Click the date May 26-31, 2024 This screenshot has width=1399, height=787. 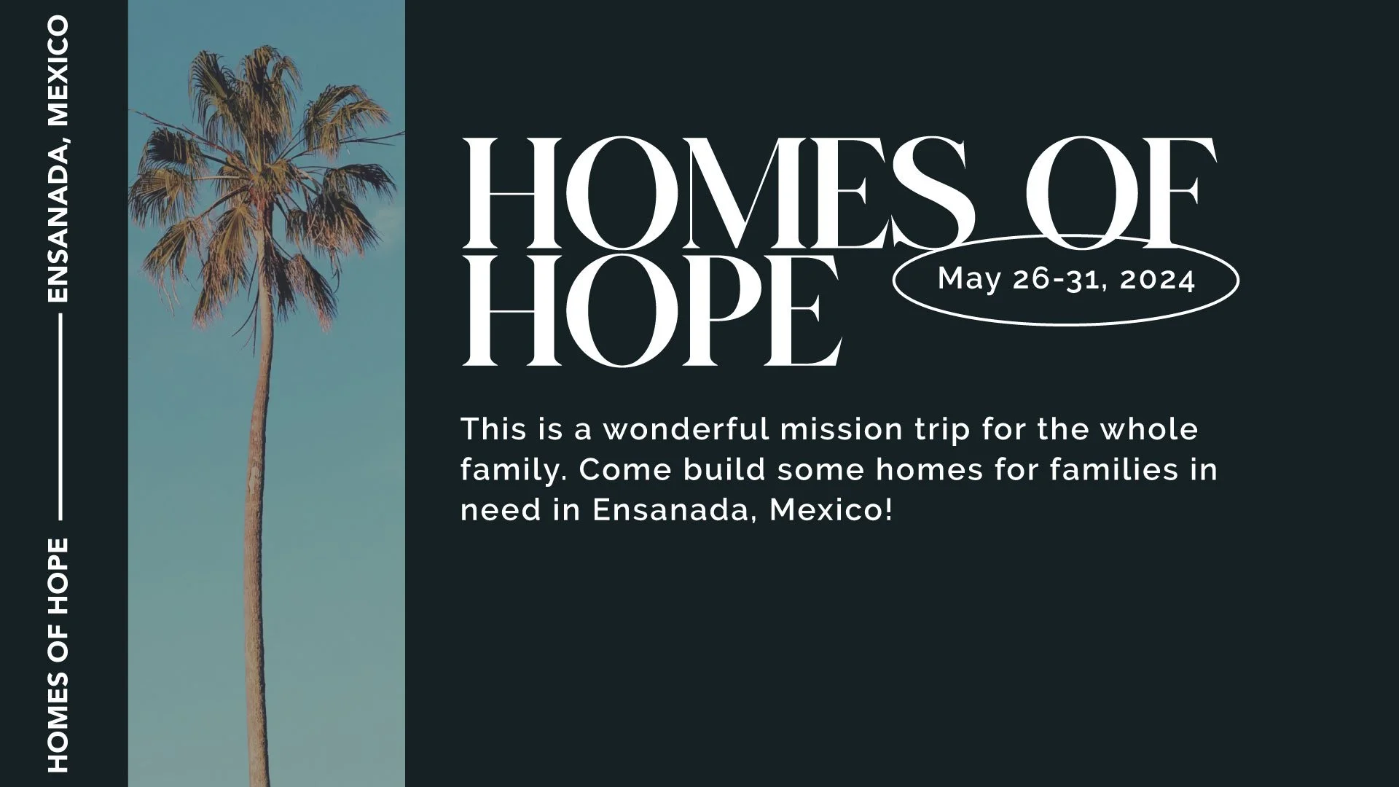(1066, 280)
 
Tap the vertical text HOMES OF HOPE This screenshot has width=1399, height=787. (58, 654)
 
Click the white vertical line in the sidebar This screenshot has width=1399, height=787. (58, 418)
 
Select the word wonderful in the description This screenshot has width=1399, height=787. (686, 429)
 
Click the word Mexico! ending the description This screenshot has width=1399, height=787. (831, 510)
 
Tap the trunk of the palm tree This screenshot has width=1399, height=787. (259, 510)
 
